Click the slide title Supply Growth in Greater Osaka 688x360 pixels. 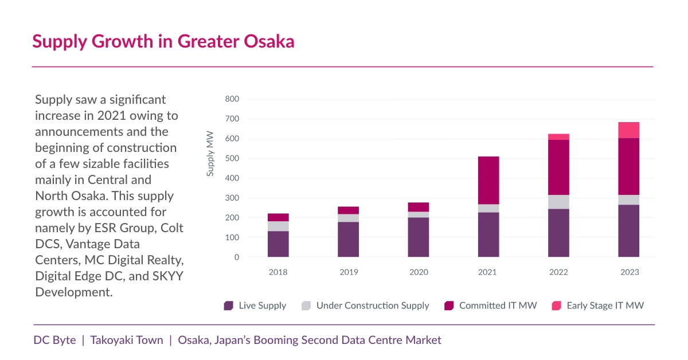click(163, 42)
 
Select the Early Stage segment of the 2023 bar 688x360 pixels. click(628, 130)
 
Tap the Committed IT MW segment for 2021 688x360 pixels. click(488, 180)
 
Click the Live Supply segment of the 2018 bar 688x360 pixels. click(278, 244)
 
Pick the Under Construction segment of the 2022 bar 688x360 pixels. click(558, 202)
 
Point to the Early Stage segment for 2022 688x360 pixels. click(558, 137)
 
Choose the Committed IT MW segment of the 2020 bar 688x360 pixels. click(419, 207)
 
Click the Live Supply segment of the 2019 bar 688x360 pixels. click(348, 239)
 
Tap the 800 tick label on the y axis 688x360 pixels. click(232, 99)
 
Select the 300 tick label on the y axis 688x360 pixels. click(232, 198)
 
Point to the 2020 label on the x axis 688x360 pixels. click(419, 272)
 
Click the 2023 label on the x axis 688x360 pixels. click(629, 272)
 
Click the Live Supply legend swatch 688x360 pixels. click(229, 306)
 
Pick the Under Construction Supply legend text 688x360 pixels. click(373, 306)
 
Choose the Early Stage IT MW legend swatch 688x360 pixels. click(556, 306)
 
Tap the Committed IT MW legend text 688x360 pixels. click(498, 306)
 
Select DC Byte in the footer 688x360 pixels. click(54, 340)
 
